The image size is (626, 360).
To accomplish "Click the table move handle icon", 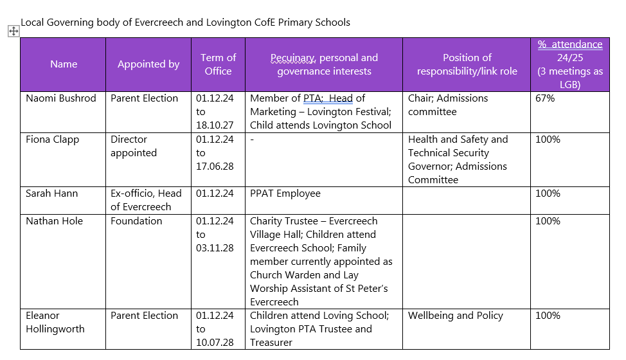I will tap(13, 31).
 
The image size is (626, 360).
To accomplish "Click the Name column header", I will tap(64, 64).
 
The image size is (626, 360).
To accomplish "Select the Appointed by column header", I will tap(148, 64).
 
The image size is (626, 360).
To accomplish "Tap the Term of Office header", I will tap(218, 64).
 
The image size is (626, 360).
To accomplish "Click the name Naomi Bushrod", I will tap(61, 98).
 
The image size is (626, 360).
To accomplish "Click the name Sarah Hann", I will tap(52, 194).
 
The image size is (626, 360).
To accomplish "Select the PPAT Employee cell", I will tap(285, 194).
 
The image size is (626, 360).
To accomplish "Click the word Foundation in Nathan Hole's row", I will tap(136, 221).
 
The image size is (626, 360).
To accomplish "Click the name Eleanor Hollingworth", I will tap(55, 322).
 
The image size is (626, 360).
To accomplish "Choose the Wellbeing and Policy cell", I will tap(456, 316).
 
